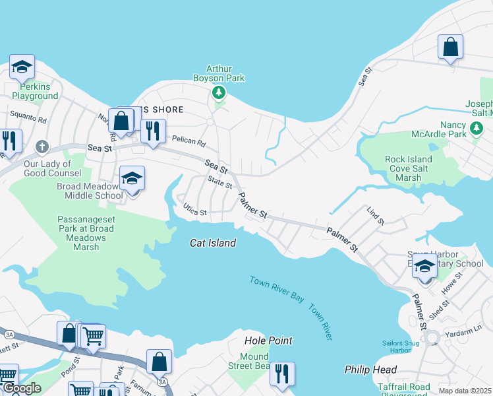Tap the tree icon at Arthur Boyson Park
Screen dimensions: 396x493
point(219,94)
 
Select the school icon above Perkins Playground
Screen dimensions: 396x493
point(22,67)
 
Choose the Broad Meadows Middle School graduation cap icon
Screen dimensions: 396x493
point(132,178)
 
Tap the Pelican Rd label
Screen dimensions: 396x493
point(189,141)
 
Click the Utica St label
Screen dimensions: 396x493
point(195,213)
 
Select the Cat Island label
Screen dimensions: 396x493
point(213,243)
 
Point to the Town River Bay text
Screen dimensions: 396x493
point(277,289)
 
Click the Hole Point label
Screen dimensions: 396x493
point(268,341)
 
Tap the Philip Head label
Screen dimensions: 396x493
point(371,370)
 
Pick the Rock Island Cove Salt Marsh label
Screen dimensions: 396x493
point(409,168)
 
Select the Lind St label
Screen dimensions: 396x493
point(375,214)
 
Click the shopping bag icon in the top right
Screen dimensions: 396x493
point(451,48)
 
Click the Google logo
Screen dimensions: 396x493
point(22,389)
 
